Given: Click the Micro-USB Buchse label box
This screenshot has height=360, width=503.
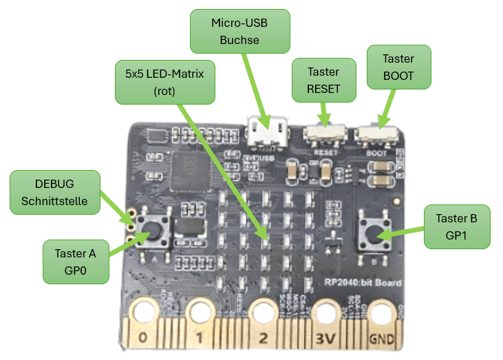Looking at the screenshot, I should point(239,31).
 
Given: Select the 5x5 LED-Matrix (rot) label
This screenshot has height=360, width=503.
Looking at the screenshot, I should point(164,82).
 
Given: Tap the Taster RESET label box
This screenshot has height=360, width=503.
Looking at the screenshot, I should point(323,80).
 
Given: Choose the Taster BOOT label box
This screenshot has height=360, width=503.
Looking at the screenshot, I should point(398,67).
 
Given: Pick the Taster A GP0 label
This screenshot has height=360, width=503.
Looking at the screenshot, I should point(76,262).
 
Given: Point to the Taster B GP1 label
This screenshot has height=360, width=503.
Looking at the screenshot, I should point(456,227).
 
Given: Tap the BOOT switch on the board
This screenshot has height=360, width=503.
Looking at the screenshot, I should point(376,136).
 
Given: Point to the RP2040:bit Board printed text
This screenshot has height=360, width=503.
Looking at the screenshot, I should point(363,283).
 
